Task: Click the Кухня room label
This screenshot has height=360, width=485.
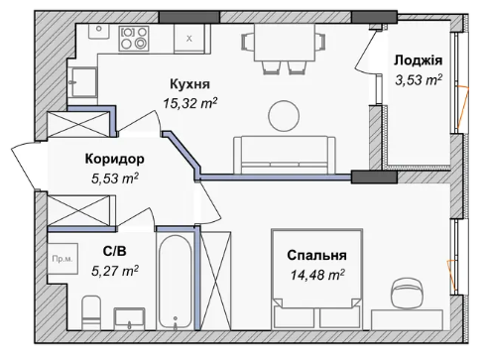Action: (189, 84)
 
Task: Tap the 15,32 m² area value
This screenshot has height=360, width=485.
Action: (190, 103)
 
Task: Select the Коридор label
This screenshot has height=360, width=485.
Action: (115, 159)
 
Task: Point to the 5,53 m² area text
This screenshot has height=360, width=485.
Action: (115, 179)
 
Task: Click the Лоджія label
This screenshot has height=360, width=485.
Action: (418, 60)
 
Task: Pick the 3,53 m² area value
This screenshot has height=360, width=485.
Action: (419, 80)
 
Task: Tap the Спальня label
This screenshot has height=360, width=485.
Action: (316, 255)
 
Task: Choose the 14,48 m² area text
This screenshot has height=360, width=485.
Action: (317, 275)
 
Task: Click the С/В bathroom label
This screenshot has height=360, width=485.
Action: (114, 251)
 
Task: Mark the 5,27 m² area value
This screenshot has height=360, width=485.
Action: (115, 271)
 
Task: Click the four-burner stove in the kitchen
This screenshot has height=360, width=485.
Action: (134, 39)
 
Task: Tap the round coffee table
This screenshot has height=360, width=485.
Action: (284, 116)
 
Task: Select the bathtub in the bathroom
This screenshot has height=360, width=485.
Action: (175, 282)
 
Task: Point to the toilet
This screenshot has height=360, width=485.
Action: (91, 312)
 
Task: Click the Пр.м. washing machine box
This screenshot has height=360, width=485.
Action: (62, 259)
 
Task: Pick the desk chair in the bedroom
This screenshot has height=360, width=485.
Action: (407, 293)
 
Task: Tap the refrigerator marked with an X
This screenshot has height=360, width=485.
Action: (189, 39)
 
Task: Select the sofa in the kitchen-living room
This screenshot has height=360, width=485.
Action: (285, 155)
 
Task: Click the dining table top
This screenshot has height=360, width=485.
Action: (285, 43)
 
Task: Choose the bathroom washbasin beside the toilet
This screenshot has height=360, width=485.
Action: (129, 318)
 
